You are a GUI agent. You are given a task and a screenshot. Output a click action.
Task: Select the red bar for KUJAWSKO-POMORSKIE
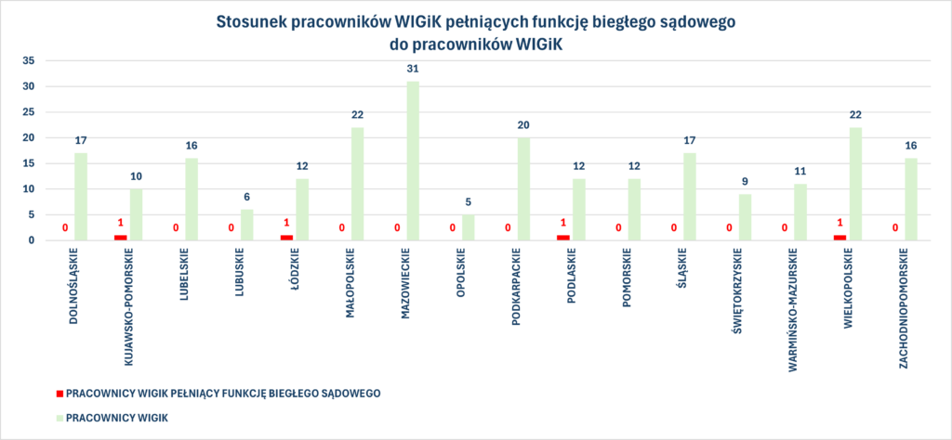pyautogui.click(x=120, y=238)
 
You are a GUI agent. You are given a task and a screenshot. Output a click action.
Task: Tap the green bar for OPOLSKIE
pyautogui.click(x=468, y=227)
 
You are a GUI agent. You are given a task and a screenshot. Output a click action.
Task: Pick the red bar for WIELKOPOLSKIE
pyautogui.click(x=840, y=238)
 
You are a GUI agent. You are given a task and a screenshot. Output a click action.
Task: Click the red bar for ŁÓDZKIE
pyautogui.click(x=286, y=238)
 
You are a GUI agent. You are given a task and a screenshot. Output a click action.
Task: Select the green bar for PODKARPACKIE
pyautogui.click(x=523, y=189)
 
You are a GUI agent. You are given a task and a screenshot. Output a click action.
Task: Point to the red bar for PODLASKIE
pyautogui.click(x=562, y=238)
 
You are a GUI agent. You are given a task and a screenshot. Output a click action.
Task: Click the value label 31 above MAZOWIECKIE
pyautogui.click(x=413, y=69)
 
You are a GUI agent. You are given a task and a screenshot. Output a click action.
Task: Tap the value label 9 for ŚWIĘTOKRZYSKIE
pyautogui.click(x=745, y=182)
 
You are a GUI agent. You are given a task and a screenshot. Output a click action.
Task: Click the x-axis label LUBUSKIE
pyautogui.click(x=240, y=273)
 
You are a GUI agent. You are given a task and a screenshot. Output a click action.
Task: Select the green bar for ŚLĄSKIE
pyautogui.click(x=690, y=197)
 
